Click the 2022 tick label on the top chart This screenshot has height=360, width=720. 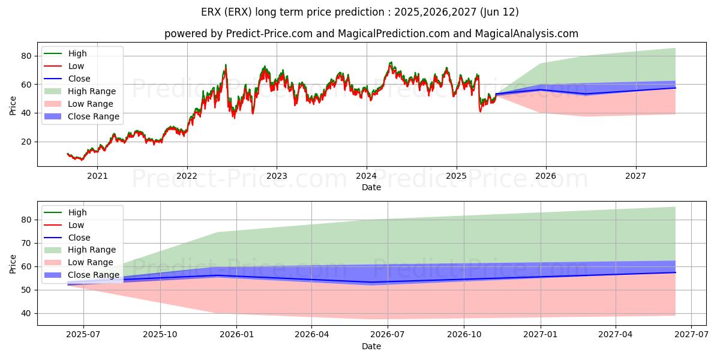point(187,176)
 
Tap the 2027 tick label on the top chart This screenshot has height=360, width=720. point(635,176)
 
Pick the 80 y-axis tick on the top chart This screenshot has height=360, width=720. point(26,56)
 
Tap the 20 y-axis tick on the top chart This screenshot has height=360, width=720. point(26,142)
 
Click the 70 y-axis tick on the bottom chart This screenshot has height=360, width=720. point(26,243)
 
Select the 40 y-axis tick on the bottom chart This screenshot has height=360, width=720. point(26,313)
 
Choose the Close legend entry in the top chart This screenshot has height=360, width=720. point(79,79)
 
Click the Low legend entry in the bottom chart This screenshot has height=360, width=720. point(76,225)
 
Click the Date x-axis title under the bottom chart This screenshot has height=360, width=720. point(371,346)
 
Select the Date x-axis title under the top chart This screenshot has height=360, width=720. point(371,187)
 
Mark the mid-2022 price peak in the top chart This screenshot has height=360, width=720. point(226,65)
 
